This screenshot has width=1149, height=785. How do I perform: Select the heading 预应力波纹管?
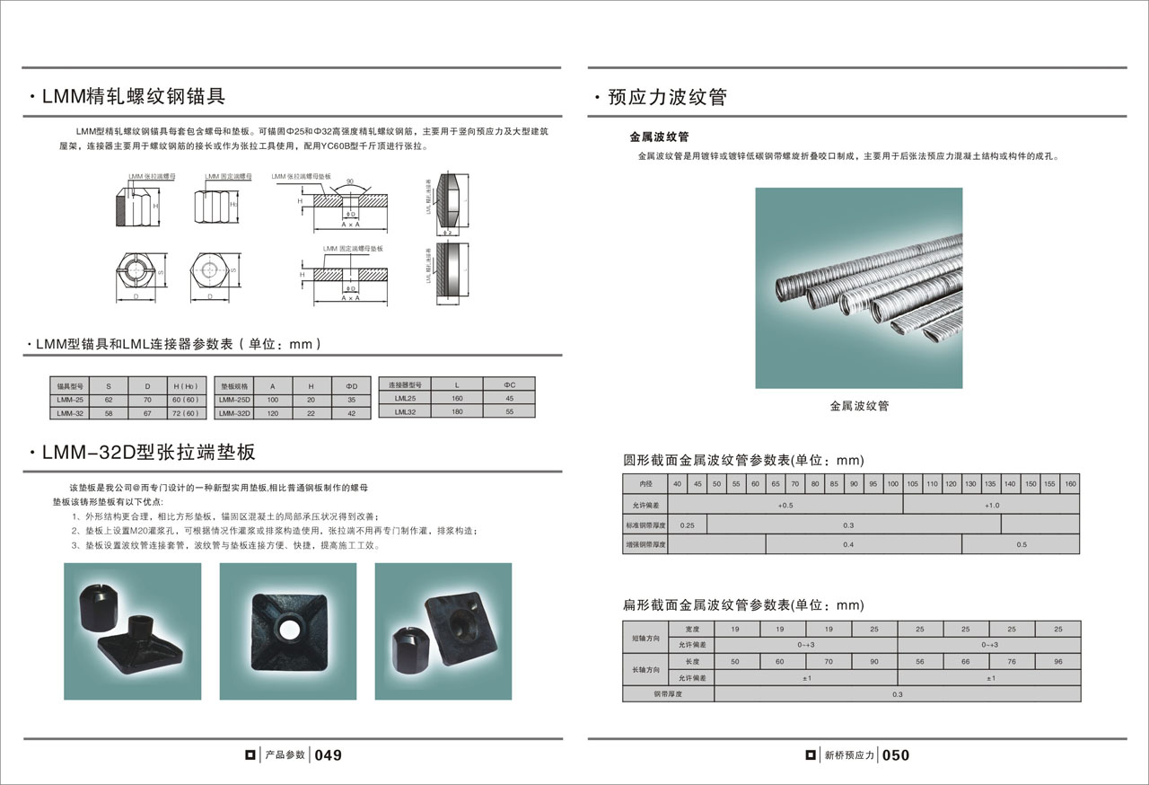coord(667,97)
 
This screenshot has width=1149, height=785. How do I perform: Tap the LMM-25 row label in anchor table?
coord(70,399)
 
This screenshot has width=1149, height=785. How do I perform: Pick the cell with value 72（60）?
coord(185,413)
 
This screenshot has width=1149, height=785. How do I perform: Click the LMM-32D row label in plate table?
coord(235,413)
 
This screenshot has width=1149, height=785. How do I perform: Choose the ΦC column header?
coord(509,384)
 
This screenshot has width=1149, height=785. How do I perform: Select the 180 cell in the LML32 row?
coord(457,411)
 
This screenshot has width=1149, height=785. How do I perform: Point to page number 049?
coord(329,755)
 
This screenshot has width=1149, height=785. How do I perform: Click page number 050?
coord(895,755)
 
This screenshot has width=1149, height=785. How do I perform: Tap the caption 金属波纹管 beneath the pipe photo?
coord(859,406)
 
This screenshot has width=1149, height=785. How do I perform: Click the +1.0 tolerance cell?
coord(991,505)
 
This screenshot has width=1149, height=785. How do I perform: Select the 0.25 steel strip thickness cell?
coord(688,525)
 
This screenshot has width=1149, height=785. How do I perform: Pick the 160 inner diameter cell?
coord(1070,484)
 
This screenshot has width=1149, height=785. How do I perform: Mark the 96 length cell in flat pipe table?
coord(1057,661)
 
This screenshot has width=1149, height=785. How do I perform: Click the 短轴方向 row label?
coord(645,637)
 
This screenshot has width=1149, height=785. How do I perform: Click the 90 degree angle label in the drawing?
coord(349,182)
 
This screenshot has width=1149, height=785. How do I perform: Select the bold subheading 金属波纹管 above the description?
coord(659,137)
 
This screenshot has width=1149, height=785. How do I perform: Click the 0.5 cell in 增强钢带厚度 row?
coord(1022,544)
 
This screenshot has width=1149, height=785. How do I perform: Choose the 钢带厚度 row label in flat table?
coord(669,693)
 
